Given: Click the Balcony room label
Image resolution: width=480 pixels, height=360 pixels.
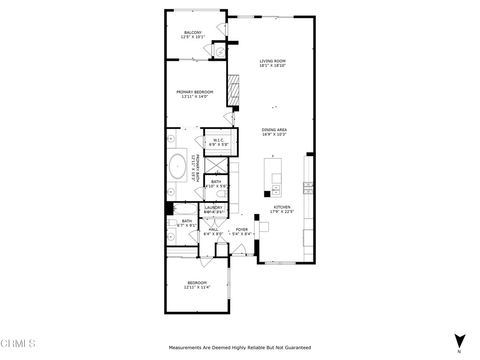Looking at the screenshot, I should coord(193,33).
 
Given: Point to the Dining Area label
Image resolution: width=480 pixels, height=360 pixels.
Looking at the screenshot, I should coord(275,129).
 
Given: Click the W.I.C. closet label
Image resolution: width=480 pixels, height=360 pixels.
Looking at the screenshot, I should coord(218,140).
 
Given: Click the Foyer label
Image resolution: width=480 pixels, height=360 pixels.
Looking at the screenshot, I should coord(241,229).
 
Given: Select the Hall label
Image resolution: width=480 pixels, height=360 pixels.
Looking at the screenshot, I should coord(214,229).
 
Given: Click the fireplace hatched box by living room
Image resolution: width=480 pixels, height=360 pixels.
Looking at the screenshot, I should coord(236,93).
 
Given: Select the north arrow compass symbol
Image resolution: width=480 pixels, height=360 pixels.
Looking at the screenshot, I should coord(459,341).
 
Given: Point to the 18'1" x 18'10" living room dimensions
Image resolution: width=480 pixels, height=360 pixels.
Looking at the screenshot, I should coord(273,66).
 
